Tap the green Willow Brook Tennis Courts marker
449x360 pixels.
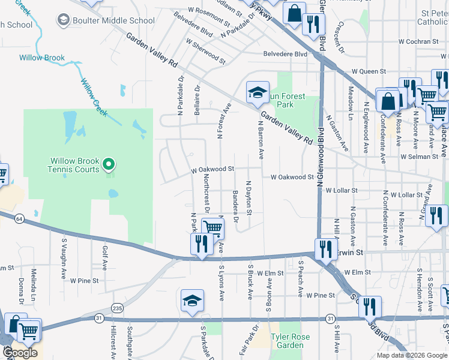(x=109, y=163)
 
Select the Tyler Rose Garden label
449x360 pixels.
(x=290, y=341)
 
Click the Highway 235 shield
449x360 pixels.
(x=117, y=308)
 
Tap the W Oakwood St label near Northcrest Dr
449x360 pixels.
(x=212, y=170)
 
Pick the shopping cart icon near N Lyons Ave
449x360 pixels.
(x=212, y=228)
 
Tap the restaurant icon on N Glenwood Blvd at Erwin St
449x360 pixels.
(x=325, y=248)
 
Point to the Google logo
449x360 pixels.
(x=20, y=352)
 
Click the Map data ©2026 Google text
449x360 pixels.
(x=412, y=355)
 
